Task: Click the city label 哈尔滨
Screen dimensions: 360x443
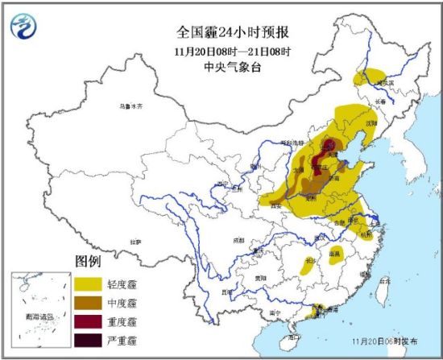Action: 387,82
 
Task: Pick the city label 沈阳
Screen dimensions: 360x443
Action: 371,124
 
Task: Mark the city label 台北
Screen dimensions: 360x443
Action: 384,282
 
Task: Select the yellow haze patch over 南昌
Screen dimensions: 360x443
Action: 334,255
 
